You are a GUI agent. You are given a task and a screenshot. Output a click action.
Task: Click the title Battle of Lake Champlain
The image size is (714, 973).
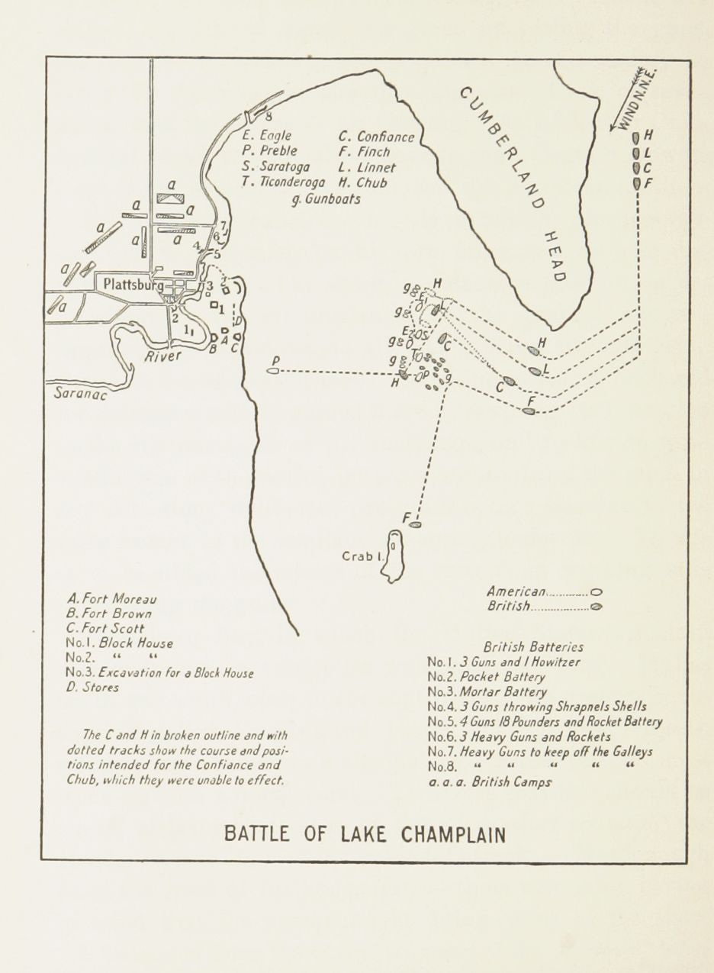(x=365, y=834)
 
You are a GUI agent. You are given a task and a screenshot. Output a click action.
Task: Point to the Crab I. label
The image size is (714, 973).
(x=362, y=556)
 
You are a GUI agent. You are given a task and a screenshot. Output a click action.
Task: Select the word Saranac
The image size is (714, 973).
(x=79, y=394)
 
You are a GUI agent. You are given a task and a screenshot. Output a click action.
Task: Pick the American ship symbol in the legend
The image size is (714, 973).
(x=597, y=591)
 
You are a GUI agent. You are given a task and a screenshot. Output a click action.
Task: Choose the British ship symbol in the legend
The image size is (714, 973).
(x=597, y=607)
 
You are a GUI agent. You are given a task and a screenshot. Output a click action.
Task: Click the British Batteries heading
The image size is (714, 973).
(x=533, y=646)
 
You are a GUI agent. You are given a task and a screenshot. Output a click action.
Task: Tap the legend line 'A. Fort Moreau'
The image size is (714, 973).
(x=111, y=599)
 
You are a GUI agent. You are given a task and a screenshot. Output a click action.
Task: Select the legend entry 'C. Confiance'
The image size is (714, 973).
(x=377, y=137)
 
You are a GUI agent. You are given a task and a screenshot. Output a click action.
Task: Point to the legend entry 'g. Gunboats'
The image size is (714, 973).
(x=326, y=199)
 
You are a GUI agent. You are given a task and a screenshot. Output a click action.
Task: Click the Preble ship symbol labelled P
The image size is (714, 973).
(x=273, y=371)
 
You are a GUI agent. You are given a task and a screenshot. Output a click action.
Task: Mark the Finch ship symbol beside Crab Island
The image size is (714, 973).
(x=415, y=525)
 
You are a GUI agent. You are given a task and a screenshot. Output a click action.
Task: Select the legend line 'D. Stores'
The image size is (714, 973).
(x=92, y=687)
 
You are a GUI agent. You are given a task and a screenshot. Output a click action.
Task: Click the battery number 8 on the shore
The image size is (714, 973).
(x=269, y=117)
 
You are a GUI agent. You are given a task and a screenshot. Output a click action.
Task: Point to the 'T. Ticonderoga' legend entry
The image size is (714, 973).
(x=283, y=182)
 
